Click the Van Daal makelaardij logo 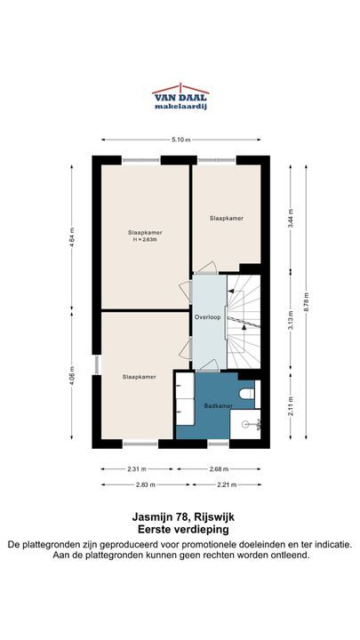pyautogui.click(x=180, y=97)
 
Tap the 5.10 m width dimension pyautogui.click(x=181, y=140)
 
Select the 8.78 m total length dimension pyautogui.click(x=306, y=302)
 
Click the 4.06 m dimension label pyautogui.click(x=72, y=376)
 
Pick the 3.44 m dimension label pyautogui.click(x=291, y=219)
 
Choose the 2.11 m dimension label pyautogui.click(x=291, y=406)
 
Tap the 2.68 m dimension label pyautogui.click(x=220, y=469)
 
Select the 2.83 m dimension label pyautogui.click(x=146, y=484)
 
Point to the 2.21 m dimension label pyautogui.click(x=227, y=484)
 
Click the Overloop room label pyautogui.click(x=207, y=317)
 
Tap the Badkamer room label pyautogui.click(x=219, y=405)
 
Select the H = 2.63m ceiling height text pyautogui.click(x=145, y=240)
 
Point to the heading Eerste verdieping pyautogui.click(x=183, y=530)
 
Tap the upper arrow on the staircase pyautogui.click(x=234, y=291)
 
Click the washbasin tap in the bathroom pyautogui.click(x=257, y=425)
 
